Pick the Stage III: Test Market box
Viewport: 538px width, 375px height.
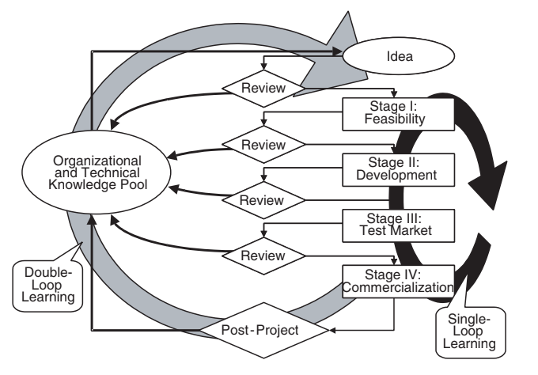click(x=398, y=224)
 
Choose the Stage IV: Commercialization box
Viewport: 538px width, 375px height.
click(x=398, y=281)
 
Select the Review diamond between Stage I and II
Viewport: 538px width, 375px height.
click(x=263, y=144)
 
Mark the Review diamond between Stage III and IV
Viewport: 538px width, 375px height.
click(x=263, y=255)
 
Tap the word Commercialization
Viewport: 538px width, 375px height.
click(x=398, y=287)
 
